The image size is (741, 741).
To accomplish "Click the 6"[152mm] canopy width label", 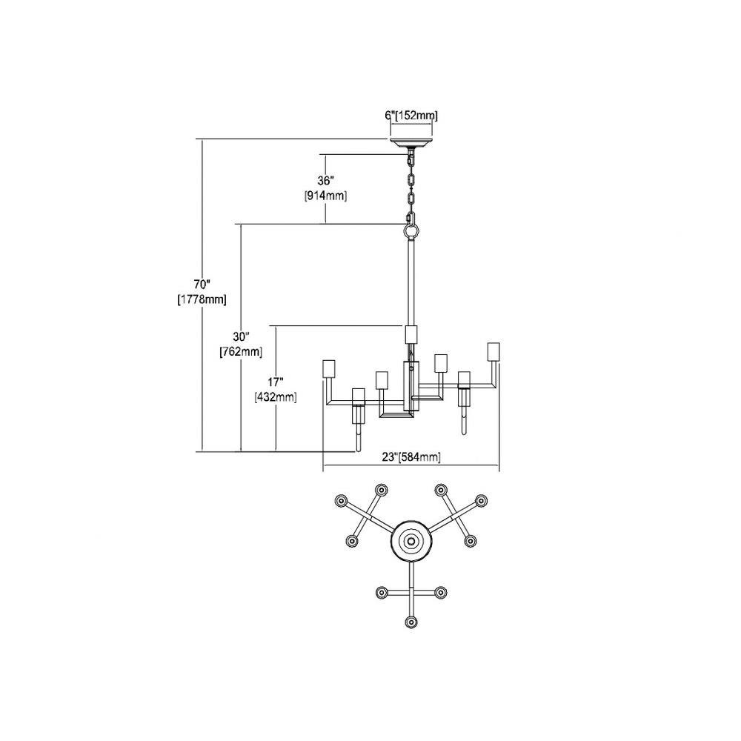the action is [x=411, y=116].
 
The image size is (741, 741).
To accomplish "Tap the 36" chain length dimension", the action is [x=325, y=181].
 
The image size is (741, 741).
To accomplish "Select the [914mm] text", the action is [x=325, y=196].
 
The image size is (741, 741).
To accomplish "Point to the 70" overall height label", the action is [x=202, y=285].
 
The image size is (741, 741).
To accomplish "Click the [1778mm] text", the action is [x=202, y=299].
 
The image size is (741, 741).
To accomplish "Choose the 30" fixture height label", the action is [x=241, y=337].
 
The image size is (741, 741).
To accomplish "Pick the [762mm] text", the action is [x=241, y=352].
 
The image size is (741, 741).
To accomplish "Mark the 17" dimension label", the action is [x=276, y=382].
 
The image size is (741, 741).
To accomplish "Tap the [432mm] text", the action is [x=276, y=397].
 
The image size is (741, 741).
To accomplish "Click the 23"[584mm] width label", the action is [x=411, y=457].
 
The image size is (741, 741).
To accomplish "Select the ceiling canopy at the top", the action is [x=411, y=142].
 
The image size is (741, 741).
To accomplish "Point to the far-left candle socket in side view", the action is [x=328, y=368].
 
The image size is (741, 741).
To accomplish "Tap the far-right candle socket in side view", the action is [x=494, y=351].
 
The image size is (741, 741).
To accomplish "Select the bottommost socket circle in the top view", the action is [x=411, y=622].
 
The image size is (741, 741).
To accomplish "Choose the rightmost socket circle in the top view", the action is [x=481, y=500].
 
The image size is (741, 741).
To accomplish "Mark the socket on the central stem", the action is [x=411, y=335].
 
